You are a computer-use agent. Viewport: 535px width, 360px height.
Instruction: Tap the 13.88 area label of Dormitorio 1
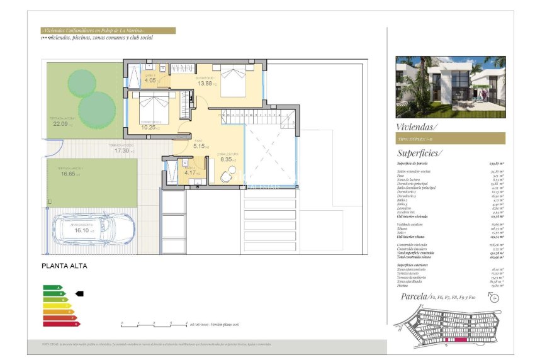click(205, 83)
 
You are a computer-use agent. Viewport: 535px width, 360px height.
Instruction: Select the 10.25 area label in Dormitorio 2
click(149, 127)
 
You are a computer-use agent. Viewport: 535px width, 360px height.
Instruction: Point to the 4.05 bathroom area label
click(150, 81)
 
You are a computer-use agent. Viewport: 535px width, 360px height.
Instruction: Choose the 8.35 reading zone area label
click(227, 159)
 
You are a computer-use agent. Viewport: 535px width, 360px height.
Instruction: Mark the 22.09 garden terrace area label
click(60, 124)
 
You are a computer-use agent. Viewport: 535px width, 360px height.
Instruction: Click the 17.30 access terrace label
click(121, 151)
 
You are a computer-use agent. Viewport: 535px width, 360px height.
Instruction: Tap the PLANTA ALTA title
click(64, 266)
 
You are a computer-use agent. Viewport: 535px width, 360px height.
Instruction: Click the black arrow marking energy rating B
click(79, 293)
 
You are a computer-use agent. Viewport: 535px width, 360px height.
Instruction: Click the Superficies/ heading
click(420, 153)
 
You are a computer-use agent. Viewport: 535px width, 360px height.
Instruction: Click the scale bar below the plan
click(153, 325)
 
